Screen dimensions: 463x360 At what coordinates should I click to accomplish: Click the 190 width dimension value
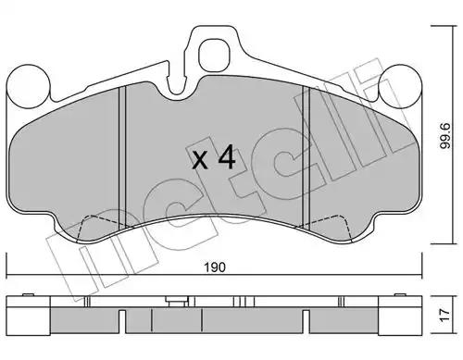click(215, 267)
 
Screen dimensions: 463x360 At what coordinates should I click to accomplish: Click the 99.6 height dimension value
click(445, 136)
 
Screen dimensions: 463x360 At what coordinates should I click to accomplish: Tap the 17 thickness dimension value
click(445, 315)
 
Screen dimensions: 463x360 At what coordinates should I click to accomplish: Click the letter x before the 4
click(200, 161)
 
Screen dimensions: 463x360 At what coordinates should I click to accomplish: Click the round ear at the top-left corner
click(28, 86)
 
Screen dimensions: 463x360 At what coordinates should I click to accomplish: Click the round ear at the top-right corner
click(400, 86)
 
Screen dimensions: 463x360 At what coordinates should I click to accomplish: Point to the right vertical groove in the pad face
click(306, 157)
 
